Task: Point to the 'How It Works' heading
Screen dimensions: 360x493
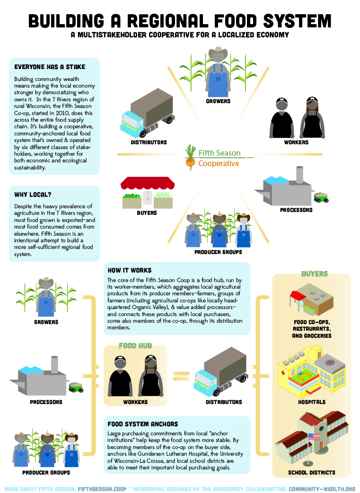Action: (x=130, y=270)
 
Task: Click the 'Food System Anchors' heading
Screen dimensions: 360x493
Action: (x=143, y=424)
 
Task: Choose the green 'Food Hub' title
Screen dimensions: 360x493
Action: (x=135, y=346)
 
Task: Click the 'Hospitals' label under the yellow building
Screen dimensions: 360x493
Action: (x=312, y=402)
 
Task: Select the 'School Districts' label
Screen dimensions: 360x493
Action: (x=312, y=472)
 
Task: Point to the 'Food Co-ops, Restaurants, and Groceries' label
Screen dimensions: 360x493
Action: (x=312, y=328)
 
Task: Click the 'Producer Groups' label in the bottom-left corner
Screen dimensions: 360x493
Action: (x=46, y=472)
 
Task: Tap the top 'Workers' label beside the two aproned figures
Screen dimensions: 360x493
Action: (x=296, y=142)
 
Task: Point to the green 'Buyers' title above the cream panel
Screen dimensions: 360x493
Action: (x=315, y=274)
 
